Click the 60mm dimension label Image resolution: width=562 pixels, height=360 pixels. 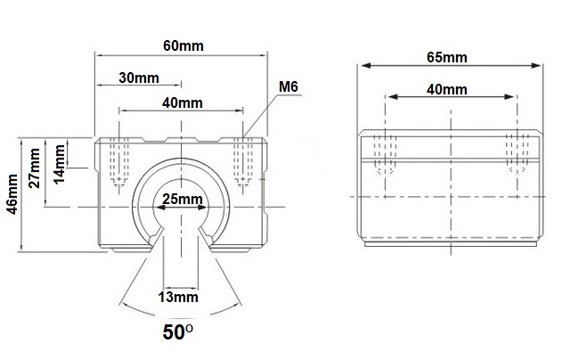pyautogui.click(x=183, y=46)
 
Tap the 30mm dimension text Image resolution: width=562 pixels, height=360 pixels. pyautogui.click(x=139, y=78)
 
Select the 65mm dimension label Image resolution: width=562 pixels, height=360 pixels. pyautogui.click(x=447, y=57)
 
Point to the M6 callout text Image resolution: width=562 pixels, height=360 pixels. pyautogui.click(x=289, y=86)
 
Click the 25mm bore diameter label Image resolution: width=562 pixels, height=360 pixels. pyautogui.click(x=183, y=200)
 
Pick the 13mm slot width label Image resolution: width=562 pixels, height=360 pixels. pyautogui.click(x=178, y=298)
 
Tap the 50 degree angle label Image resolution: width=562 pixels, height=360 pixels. pyautogui.click(x=178, y=332)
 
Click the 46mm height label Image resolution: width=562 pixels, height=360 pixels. pyautogui.click(x=12, y=194)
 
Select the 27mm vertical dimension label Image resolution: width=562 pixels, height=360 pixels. pyautogui.click(x=35, y=168)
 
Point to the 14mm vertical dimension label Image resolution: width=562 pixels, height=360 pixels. pyautogui.click(x=60, y=165)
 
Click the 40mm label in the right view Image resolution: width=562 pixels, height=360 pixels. pyautogui.click(x=447, y=90)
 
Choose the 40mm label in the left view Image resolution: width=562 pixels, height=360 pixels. pyautogui.click(x=183, y=103)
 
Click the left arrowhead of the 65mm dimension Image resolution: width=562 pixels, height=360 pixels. pyautogui.click(x=365, y=66)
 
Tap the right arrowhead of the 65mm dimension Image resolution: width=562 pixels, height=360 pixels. pyautogui.click(x=536, y=66)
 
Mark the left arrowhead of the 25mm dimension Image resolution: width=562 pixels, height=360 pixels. pyautogui.click(x=160, y=208)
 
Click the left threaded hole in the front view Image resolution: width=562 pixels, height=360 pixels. pyautogui.click(x=119, y=162)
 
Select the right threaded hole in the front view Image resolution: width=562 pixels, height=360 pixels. pyautogui.click(x=243, y=162)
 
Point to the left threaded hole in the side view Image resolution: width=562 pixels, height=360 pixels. pyautogui.click(x=385, y=155)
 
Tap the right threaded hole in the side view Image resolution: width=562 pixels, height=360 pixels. pyautogui.click(x=517, y=155)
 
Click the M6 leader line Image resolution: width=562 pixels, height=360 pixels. pyautogui.click(x=260, y=116)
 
